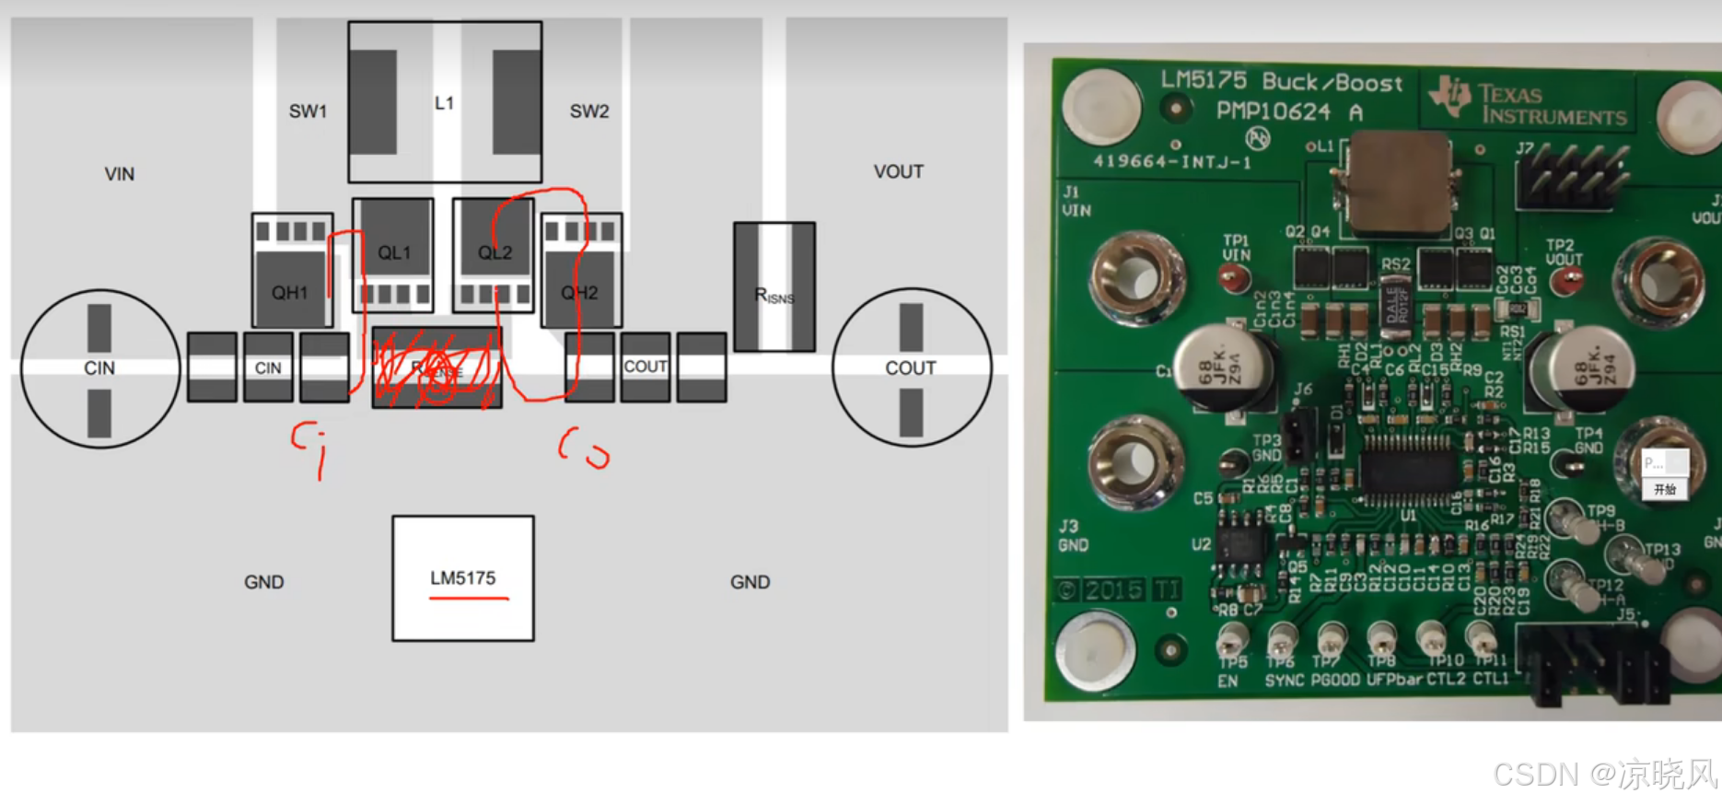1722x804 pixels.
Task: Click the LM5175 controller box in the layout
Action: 462,577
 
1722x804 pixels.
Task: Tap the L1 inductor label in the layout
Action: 445,103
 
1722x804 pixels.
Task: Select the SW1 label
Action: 308,111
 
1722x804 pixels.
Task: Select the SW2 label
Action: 589,111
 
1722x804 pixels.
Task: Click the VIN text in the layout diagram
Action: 120,174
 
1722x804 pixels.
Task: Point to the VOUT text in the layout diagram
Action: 898,171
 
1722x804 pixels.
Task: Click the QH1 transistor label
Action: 289,293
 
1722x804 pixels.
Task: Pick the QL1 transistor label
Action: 394,252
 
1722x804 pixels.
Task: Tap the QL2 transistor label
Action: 494,252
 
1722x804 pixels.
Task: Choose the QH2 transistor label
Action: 579,293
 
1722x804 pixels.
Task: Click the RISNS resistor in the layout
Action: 774,287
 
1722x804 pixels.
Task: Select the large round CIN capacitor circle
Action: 99,368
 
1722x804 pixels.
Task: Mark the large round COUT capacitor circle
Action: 911,368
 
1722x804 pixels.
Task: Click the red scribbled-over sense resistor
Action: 437,368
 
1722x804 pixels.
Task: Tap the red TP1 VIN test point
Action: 1232,276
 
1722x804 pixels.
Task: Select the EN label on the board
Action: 1228,681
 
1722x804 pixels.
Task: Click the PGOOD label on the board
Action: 1335,681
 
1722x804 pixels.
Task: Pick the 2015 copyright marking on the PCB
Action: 1115,590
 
